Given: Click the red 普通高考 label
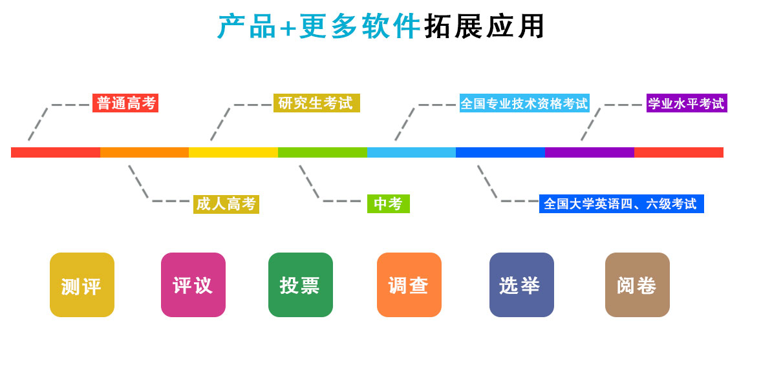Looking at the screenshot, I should click(x=125, y=103).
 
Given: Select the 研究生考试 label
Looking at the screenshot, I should click(x=316, y=103).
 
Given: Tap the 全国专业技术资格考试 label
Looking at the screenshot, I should click(x=524, y=103).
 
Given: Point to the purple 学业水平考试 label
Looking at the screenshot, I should click(x=687, y=103).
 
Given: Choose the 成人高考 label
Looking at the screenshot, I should click(x=226, y=204).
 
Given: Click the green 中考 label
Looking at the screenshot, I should click(x=388, y=204).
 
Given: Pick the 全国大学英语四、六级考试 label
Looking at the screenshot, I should click(x=621, y=204).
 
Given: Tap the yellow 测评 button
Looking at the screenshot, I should click(x=82, y=285).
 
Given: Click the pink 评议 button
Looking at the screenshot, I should click(x=193, y=285).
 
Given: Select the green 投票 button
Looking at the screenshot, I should click(x=301, y=285).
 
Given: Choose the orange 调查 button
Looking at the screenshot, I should click(x=409, y=285).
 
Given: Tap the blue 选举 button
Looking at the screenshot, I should click(x=522, y=285).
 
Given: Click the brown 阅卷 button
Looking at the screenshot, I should click(x=638, y=285).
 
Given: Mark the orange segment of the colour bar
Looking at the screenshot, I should click(x=144, y=152).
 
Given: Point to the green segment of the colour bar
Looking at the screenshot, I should click(x=322, y=152).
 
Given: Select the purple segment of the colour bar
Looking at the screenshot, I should click(x=589, y=152).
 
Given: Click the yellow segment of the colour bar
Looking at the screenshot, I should click(x=233, y=152).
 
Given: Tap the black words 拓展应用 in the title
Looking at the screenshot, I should click(x=484, y=27).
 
